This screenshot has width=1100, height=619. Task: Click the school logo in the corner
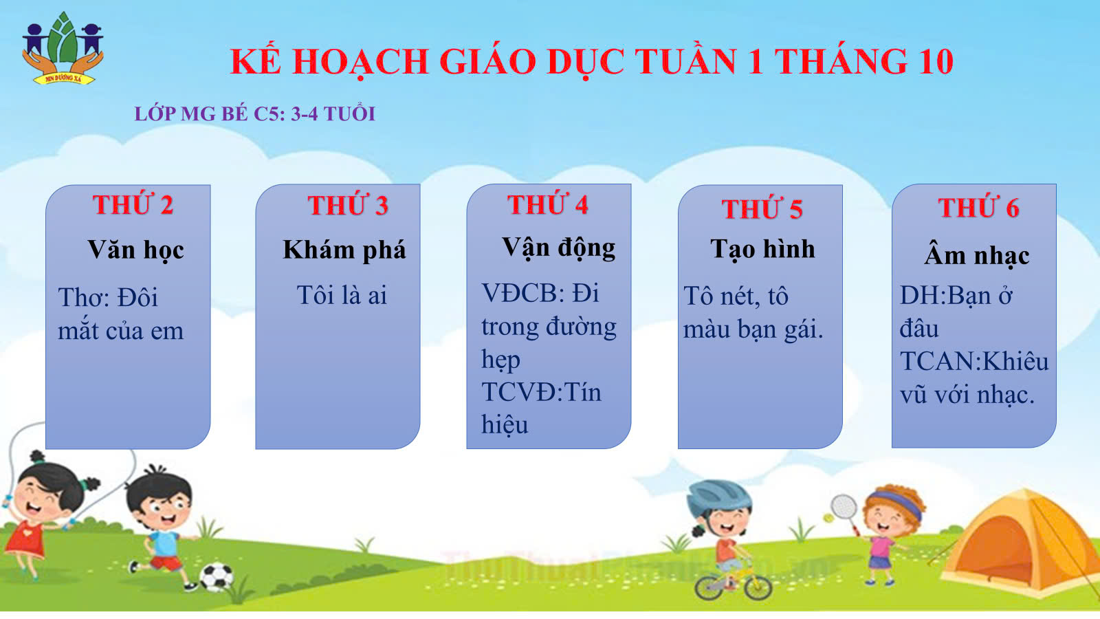63,47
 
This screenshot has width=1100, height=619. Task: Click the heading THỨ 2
133,204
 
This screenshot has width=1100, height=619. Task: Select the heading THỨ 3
348,205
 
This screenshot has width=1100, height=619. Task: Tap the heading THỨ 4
547,204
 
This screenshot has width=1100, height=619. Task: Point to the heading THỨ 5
762,208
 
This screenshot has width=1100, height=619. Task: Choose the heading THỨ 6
978,207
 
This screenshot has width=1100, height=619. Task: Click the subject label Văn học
136,250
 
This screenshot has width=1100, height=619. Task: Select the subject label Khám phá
344,250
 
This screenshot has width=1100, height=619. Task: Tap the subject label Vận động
558,248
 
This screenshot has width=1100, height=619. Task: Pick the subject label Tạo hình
762,249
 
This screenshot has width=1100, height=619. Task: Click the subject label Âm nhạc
977,254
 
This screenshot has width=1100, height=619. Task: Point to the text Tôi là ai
342,295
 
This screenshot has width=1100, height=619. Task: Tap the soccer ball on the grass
216,576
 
